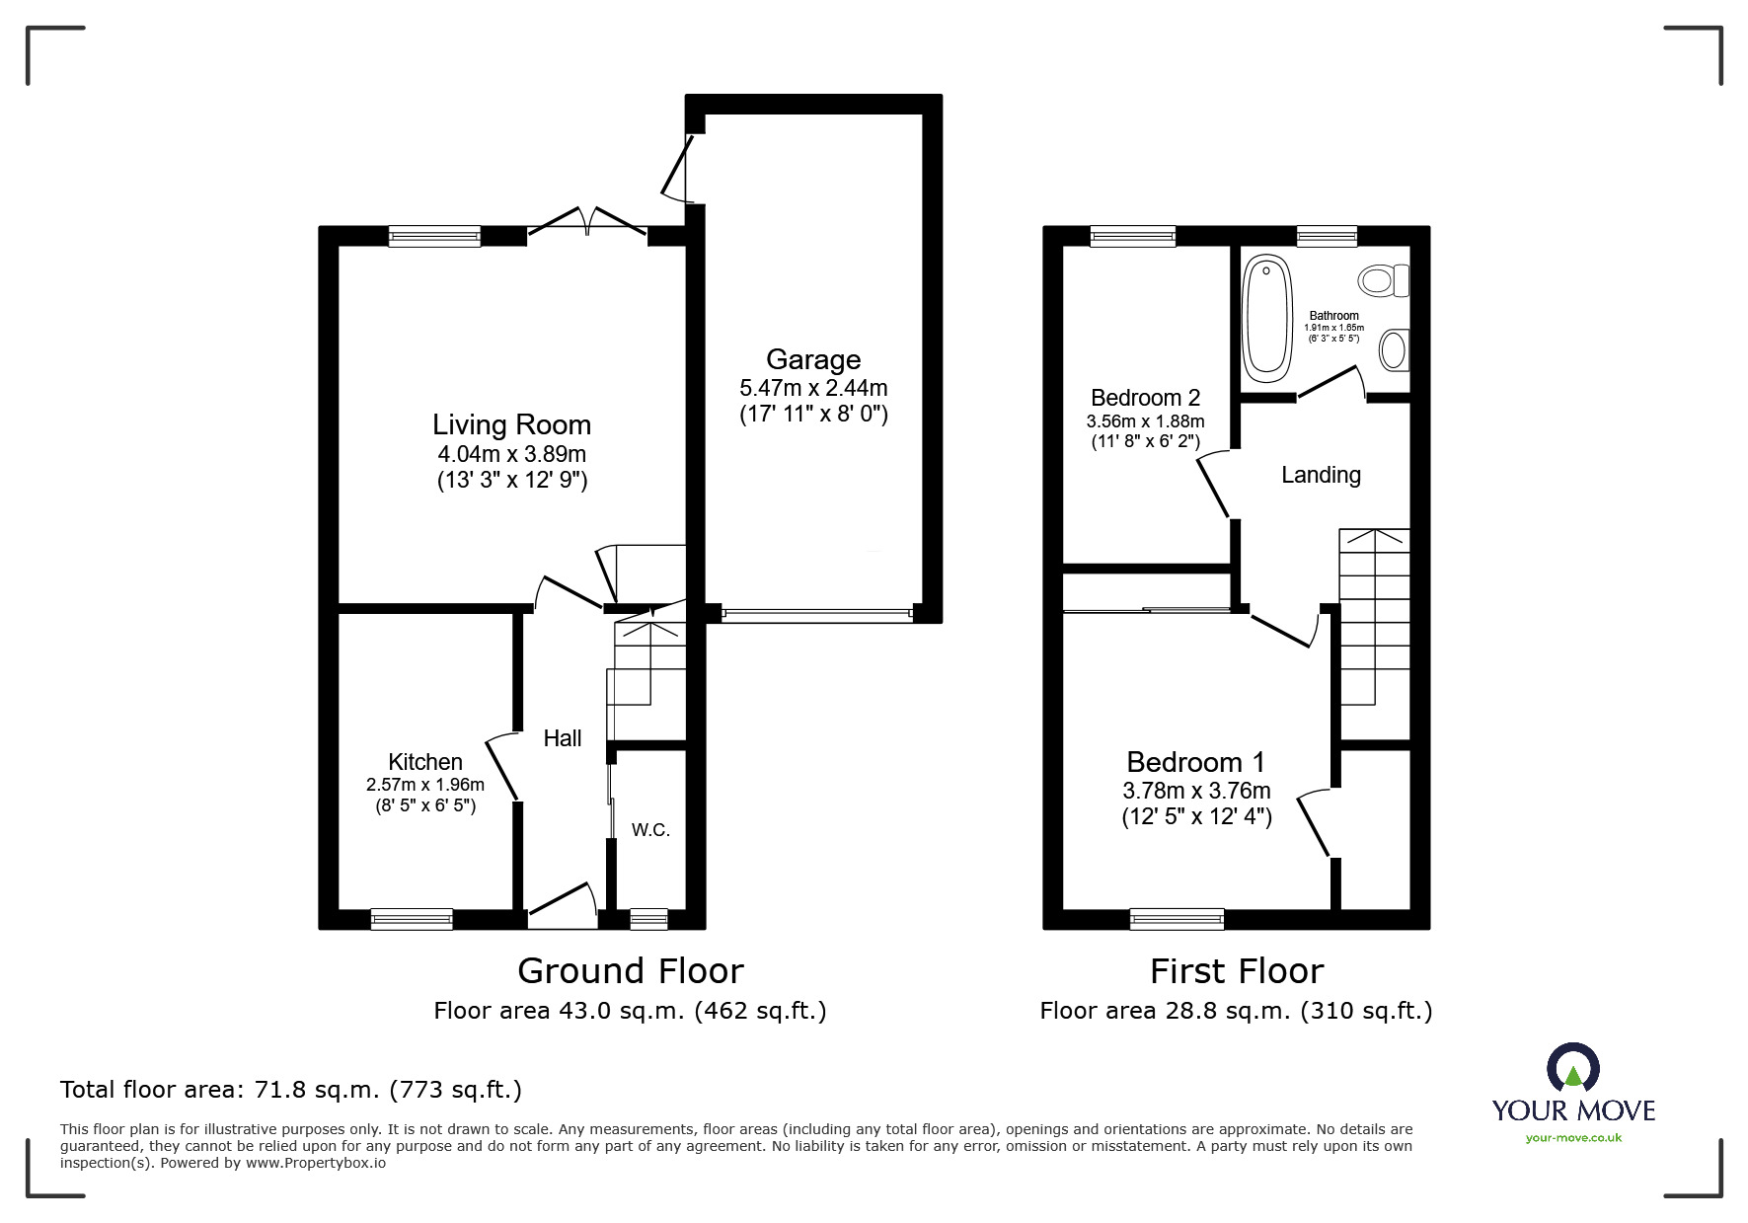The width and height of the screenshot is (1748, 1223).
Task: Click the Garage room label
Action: pyautogui.click(x=813, y=359)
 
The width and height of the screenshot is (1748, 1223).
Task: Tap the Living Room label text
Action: pyautogui.click(x=511, y=424)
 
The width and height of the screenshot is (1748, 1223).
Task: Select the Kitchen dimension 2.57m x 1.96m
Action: pyautogui.click(x=424, y=785)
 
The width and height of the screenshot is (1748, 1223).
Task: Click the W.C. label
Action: pyautogui.click(x=650, y=830)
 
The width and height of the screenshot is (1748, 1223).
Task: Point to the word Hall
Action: pyautogui.click(x=563, y=738)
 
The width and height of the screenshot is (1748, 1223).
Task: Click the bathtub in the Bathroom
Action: pyautogui.click(x=1266, y=319)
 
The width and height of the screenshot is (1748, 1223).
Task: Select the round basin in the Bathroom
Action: pyautogui.click(x=1393, y=349)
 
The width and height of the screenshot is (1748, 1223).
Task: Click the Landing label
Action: pyautogui.click(x=1321, y=475)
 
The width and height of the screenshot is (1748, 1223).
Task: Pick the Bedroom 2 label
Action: pyautogui.click(x=1145, y=398)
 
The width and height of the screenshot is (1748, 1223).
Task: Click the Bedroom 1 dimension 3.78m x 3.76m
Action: pyautogui.click(x=1196, y=791)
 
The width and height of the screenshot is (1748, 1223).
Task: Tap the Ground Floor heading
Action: pyautogui.click(x=630, y=971)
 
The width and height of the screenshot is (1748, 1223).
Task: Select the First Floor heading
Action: pyautogui.click(x=1236, y=971)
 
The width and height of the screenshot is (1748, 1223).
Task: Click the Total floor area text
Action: pyautogui.click(x=291, y=1090)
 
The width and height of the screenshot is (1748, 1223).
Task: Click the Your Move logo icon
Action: pyautogui.click(x=1572, y=1068)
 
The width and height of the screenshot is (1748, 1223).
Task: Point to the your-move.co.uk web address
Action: pyautogui.click(x=1573, y=1138)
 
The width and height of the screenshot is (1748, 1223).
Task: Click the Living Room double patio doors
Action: pyautogui.click(x=587, y=225)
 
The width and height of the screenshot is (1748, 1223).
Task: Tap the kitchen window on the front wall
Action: pyautogui.click(x=412, y=919)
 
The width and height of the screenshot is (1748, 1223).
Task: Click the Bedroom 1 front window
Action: pyautogui.click(x=1177, y=919)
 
